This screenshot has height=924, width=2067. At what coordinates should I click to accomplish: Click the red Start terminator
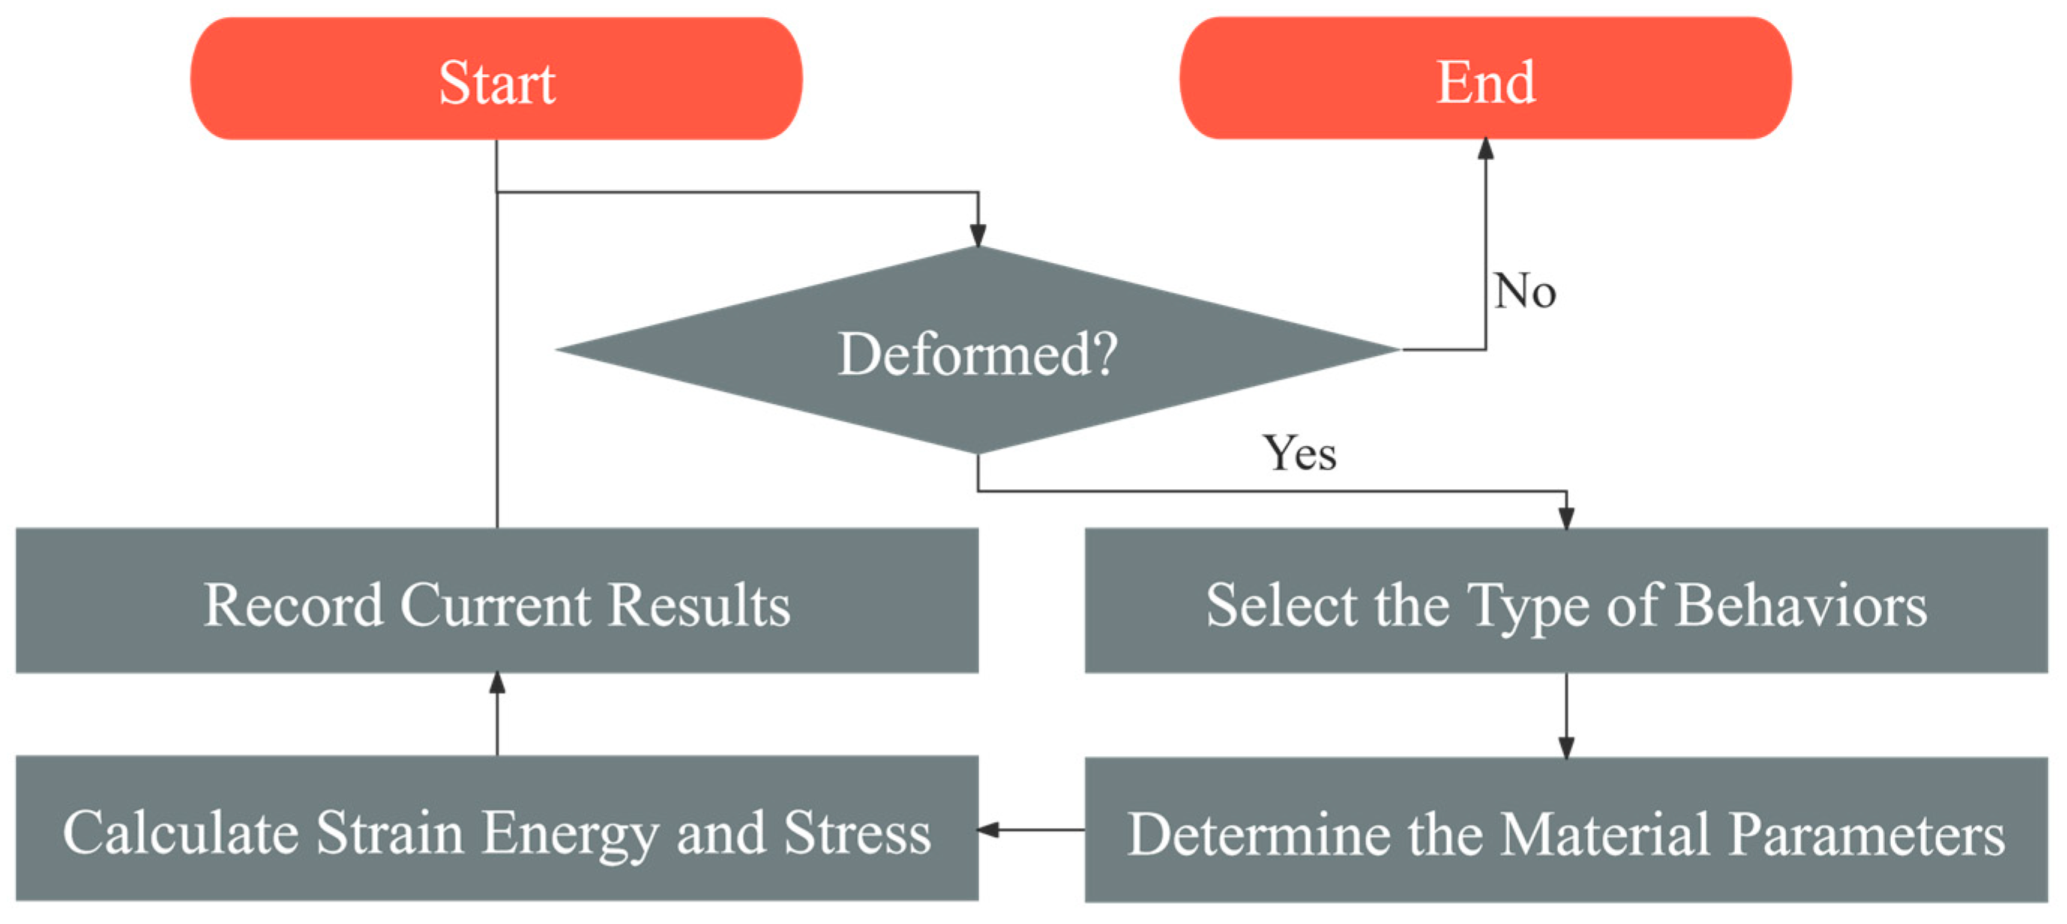[496, 79]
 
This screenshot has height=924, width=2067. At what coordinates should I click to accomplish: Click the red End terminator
[1485, 79]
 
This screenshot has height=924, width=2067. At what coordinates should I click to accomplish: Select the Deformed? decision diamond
[978, 351]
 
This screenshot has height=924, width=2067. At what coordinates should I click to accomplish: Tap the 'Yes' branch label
[1299, 453]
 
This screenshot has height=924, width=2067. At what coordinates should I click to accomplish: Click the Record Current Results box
[496, 601]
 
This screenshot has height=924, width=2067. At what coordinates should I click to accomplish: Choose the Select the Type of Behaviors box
[1565, 601]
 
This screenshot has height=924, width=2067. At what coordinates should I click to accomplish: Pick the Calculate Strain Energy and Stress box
[496, 829]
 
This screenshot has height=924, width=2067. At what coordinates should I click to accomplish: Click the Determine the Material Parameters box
[1565, 830]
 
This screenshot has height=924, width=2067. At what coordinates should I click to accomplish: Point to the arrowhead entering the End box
[1485, 149]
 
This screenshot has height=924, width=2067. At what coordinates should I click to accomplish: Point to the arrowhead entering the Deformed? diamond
[978, 235]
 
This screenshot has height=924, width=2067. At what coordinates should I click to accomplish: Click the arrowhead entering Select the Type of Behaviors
[1565, 517]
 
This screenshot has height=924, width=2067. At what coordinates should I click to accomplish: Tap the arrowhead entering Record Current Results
[496, 683]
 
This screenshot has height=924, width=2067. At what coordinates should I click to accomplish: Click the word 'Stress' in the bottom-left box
[856, 833]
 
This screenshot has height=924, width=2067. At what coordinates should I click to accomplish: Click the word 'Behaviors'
[1801, 604]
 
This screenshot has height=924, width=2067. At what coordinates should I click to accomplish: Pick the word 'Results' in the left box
[698, 604]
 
